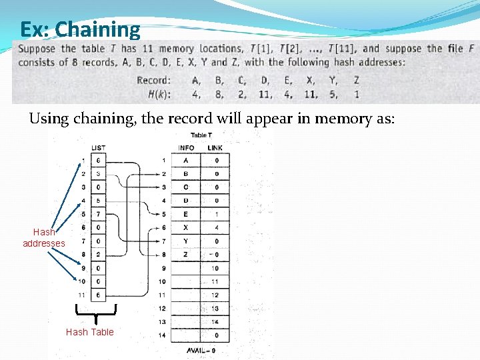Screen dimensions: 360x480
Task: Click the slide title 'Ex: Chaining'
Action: pyautogui.click(x=80, y=29)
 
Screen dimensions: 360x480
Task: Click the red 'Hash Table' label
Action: pyautogui.click(x=90, y=332)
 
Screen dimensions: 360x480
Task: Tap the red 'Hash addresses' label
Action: pyautogui.click(x=44, y=238)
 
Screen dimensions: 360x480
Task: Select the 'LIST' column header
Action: pyautogui.click(x=98, y=147)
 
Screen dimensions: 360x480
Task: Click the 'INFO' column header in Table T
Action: pyautogui.click(x=187, y=147)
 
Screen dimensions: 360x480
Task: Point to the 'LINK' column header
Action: pyautogui.click(x=215, y=147)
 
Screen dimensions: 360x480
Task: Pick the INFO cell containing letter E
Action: pyautogui.click(x=186, y=214)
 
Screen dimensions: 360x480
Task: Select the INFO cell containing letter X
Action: pyautogui.click(x=186, y=227)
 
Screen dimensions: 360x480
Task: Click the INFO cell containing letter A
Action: pyautogui.click(x=186, y=161)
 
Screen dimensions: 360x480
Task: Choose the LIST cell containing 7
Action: pyautogui.click(x=99, y=214)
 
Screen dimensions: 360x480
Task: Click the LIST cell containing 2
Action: pyautogui.click(x=99, y=254)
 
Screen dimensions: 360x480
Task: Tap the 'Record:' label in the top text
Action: pyautogui.click(x=153, y=80)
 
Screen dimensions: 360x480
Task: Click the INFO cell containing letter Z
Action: pyautogui.click(x=186, y=254)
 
